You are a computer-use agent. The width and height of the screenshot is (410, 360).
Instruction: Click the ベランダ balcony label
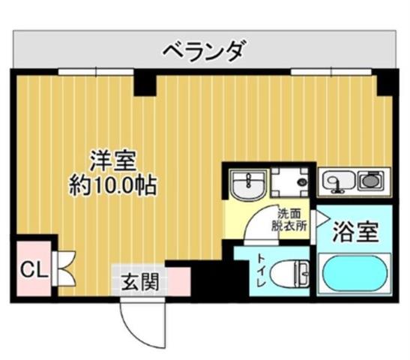click(x=205, y=50)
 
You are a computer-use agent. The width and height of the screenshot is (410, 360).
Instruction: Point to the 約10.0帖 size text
click(x=113, y=185)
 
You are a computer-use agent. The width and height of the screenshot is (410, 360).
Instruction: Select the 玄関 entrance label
click(x=140, y=282)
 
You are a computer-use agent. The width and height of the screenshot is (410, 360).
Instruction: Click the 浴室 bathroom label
click(x=355, y=232)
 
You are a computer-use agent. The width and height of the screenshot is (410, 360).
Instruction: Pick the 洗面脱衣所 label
click(x=289, y=220)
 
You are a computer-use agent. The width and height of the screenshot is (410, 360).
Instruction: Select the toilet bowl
click(x=289, y=274)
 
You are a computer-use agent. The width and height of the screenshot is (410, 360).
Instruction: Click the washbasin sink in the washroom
click(x=248, y=185)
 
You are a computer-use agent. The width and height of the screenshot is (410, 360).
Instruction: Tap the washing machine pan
click(x=290, y=182)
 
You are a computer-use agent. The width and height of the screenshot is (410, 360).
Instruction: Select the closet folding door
click(x=64, y=268)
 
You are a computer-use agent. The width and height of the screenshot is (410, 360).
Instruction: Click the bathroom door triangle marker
click(x=322, y=218)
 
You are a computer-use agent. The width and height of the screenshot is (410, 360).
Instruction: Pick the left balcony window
click(x=96, y=71)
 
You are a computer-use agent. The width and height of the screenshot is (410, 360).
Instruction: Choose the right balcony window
click(x=331, y=71)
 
